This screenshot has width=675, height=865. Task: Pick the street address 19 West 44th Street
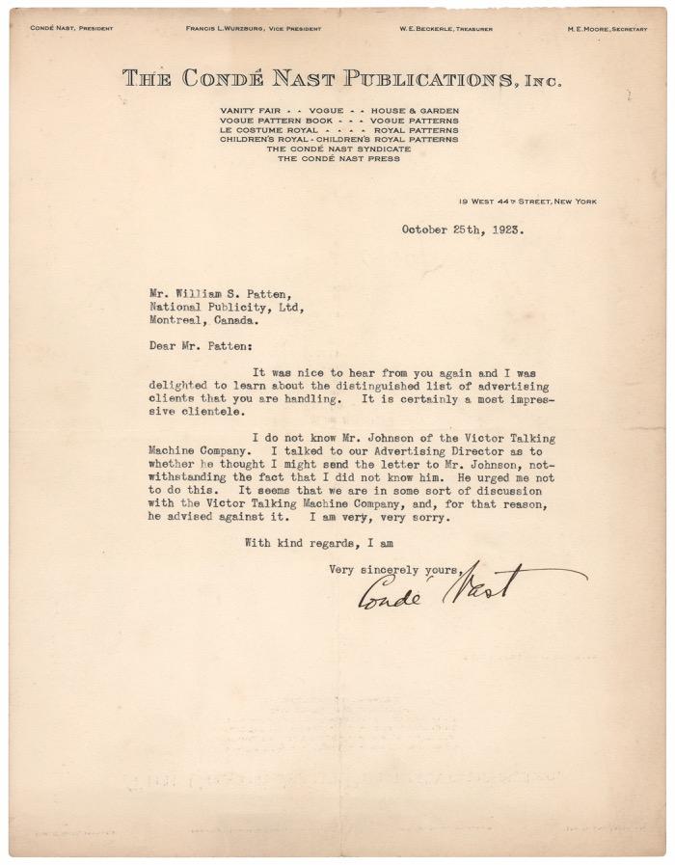click(527, 202)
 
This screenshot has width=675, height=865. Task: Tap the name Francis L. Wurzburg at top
click(255, 29)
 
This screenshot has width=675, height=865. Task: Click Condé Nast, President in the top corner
click(71, 29)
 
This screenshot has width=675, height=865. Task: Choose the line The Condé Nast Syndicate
click(338, 149)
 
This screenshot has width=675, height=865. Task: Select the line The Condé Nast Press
click(338, 159)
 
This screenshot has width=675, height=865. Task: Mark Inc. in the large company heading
click(542, 83)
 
